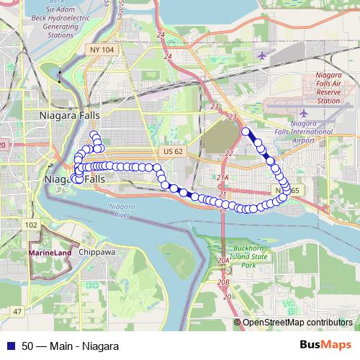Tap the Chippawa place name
(x=97, y=253)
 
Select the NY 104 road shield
(x=102, y=49)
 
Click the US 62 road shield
(x=174, y=152)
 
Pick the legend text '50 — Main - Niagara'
(x=71, y=346)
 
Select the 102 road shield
(x=30, y=225)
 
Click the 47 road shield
(x=17, y=310)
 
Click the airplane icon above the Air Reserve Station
(x=261, y=55)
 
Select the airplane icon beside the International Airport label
(x=302, y=114)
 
